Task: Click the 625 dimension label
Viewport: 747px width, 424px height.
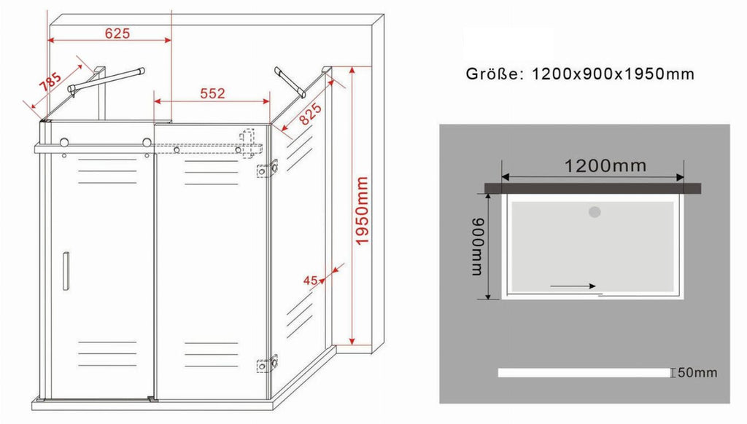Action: (x=117, y=33)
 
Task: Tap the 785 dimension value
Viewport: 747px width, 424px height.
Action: (x=50, y=81)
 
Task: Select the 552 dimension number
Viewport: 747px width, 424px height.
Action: (x=212, y=93)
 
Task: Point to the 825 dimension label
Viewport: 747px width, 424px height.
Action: (x=311, y=114)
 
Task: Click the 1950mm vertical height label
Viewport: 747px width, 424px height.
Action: (x=362, y=211)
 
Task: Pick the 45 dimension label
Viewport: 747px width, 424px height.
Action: (x=310, y=280)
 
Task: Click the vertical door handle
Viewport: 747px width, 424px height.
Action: (x=66, y=271)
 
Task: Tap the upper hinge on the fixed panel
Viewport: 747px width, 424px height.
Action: (x=267, y=169)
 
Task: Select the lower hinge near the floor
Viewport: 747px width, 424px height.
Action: (x=267, y=364)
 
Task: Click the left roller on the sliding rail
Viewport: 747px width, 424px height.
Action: (x=64, y=142)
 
